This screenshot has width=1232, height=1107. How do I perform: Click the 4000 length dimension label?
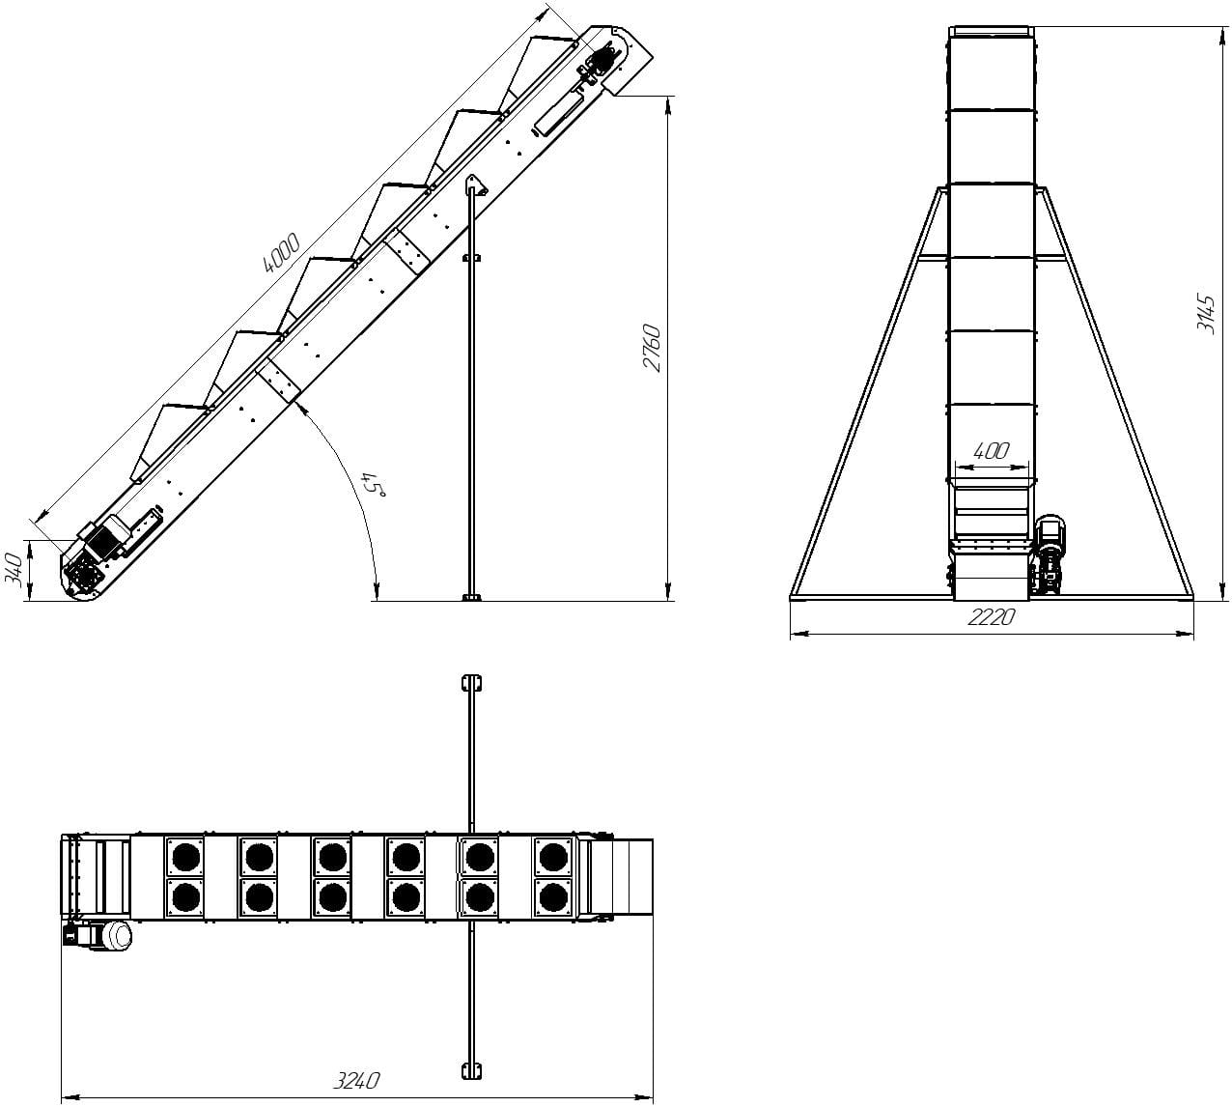(281, 252)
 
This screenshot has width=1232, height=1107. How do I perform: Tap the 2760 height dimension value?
(652, 348)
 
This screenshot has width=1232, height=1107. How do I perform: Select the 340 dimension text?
(14, 569)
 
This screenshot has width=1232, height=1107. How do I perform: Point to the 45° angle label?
(373, 482)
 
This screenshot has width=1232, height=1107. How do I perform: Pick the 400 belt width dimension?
(992, 450)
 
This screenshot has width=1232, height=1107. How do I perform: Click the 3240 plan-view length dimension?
(355, 1079)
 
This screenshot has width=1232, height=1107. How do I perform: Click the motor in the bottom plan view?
(98, 934)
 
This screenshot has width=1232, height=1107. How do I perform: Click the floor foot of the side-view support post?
(471, 598)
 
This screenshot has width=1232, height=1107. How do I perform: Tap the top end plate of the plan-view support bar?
(471, 683)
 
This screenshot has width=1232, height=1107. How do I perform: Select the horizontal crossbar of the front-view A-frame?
(992, 256)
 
